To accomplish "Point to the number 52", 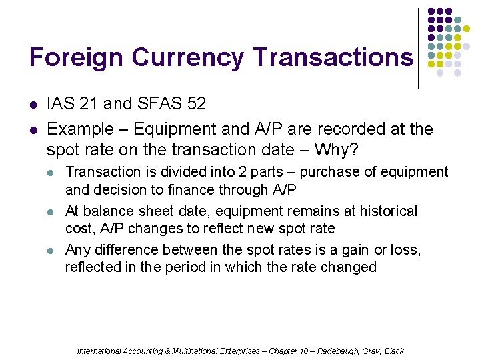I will [195, 104].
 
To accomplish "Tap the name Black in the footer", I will [394, 351].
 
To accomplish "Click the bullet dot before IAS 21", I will [34, 105].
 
